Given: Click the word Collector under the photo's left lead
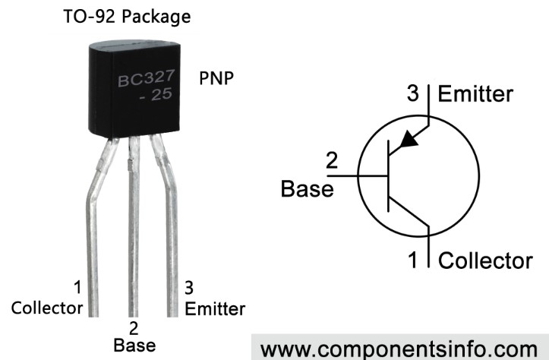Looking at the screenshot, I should (47, 308).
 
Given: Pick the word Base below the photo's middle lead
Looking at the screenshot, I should (134, 345).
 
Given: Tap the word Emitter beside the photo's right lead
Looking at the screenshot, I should (215, 308).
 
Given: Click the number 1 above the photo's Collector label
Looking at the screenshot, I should (77, 288).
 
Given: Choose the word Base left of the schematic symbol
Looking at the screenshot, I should (307, 188).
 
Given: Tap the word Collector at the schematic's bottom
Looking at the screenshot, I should (486, 261).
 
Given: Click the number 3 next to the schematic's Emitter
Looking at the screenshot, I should (413, 95).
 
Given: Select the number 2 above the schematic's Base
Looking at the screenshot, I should (332, 162).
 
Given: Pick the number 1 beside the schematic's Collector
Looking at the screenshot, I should (413, 261).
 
